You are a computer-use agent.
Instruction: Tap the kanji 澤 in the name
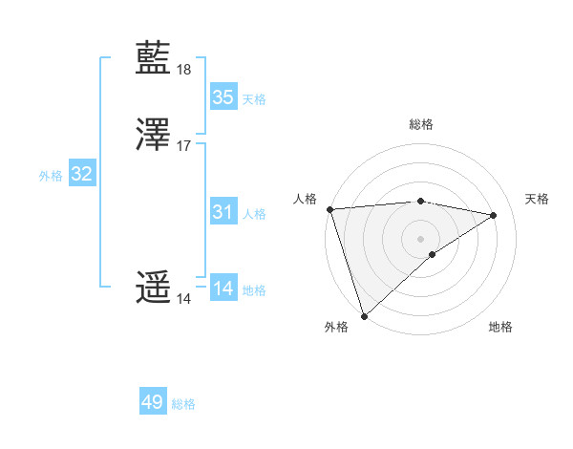point(154,135)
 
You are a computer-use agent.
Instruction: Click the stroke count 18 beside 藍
point(184,70)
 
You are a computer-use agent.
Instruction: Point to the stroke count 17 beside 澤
point(184,146)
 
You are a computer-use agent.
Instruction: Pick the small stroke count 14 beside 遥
point(184,299)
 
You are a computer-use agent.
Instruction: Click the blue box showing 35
point(223,97)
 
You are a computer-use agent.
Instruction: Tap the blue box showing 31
point(223,212)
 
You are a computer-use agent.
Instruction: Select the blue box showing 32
point(82,174)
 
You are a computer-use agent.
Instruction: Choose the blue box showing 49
point(153,402)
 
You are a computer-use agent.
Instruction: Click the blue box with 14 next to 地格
point(223,289)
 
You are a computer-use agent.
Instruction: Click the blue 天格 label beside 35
point(254,99)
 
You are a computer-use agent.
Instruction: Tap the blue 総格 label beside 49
point(183,404)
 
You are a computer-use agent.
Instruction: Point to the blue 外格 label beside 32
point(50,176)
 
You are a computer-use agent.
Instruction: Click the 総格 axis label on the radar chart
point(421,124)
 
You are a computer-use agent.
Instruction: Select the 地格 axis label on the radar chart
point(500,327)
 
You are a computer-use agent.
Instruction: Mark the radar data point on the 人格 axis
point(329,208)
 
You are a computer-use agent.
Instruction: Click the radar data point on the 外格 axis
point(364,316)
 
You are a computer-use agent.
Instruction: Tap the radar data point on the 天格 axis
point(494,215)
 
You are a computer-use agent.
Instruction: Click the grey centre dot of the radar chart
point(421,238)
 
